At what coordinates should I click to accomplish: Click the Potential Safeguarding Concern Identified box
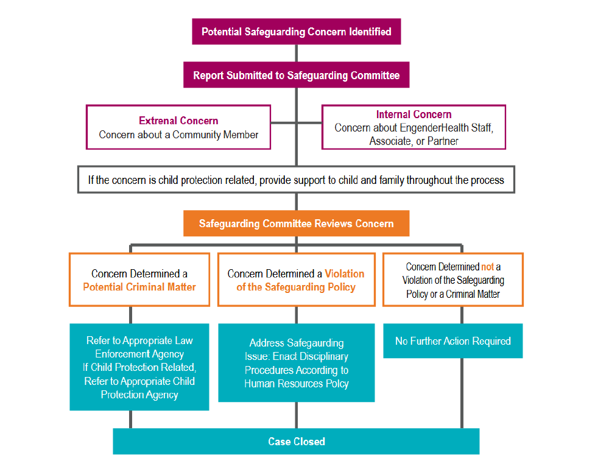point(296,31)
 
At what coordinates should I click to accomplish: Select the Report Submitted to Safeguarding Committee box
point(296,76)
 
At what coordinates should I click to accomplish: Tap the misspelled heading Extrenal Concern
point(178,121)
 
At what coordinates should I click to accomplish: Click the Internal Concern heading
point(414,114)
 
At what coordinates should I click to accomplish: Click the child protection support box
point(296,180)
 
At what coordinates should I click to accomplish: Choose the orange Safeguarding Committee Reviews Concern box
point(296,224)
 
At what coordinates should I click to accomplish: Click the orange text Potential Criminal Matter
point(139,286)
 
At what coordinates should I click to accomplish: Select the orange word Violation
point(344,273)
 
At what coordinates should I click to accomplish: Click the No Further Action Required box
point(452,341)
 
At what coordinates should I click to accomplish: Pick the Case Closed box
point(296,442)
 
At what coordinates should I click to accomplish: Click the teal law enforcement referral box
point(139,367)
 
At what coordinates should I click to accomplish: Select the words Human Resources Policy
point(296,384)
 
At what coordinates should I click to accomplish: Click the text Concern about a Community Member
point(178,135)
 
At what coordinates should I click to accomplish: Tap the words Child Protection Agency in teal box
point(139,388)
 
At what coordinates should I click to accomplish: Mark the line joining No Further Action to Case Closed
point(462,393)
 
